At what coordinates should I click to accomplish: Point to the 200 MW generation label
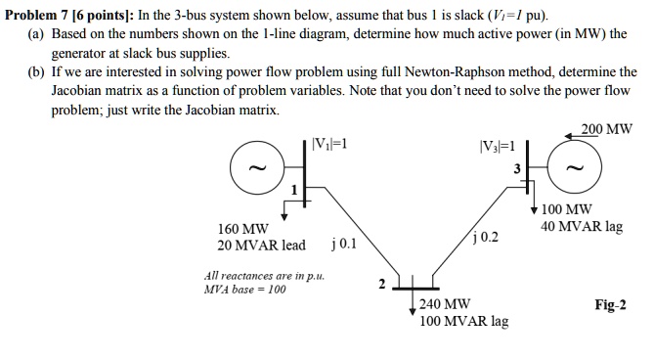click(606, 129)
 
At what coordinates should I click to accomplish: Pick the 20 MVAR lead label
click(261, 246)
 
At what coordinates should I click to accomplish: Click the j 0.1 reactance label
click(345, 243)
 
